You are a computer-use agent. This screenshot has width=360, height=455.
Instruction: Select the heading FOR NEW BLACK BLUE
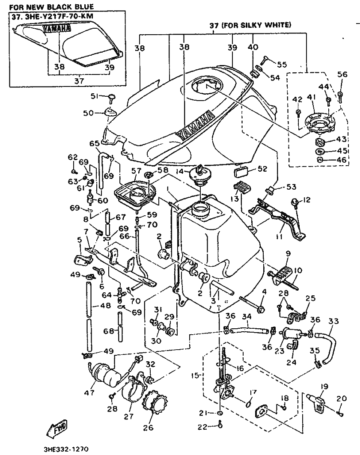(51, 7)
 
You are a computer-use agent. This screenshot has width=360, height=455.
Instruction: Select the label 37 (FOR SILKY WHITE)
(250, 26)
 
